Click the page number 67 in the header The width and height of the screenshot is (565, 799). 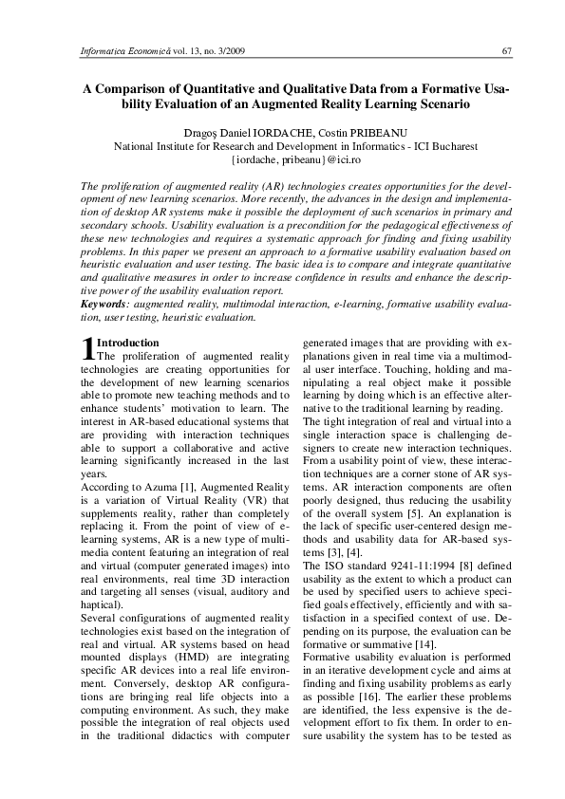click(506, 50)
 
